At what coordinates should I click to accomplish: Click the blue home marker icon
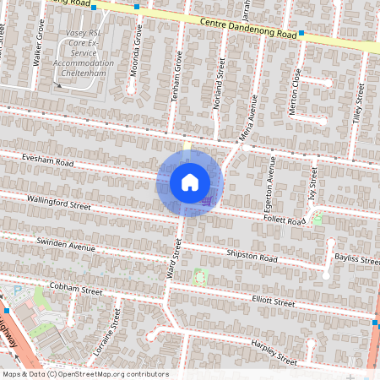pos(190,182)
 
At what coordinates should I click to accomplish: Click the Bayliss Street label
pos(357,258)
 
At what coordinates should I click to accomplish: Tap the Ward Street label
pos(176,260)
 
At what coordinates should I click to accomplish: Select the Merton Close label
pos(295,91)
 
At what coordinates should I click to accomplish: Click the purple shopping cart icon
pos(207,201)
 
